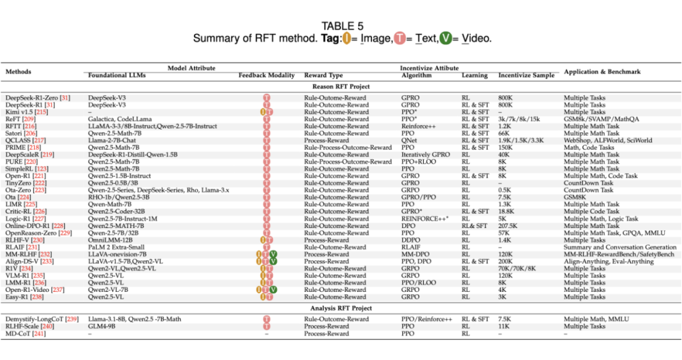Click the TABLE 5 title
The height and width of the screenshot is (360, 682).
click(x=342, y=26)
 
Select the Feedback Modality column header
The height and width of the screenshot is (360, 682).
click(x=266, y=75)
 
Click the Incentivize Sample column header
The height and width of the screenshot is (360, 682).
click(x=526, y=75)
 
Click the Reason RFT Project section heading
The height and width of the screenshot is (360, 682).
click(x=340, y=86)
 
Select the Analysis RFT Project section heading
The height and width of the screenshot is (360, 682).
click(x=340, y=308)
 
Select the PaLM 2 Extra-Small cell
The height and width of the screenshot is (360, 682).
click(x=116, y=247)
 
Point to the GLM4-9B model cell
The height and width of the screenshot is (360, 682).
click(x=105, y=326)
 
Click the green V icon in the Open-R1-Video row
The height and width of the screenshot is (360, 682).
click(x=273, y=289)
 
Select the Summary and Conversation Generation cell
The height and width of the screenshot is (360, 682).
click(x=619, y=247)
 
